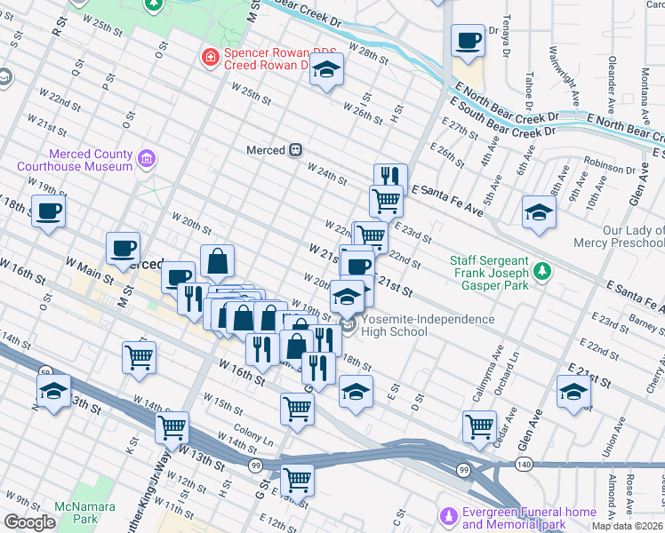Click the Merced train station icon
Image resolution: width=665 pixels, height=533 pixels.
[x=295, y=150]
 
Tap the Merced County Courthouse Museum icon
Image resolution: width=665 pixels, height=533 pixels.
[x=147, y=161]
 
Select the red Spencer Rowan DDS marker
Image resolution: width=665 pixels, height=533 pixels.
[x=211, y=58]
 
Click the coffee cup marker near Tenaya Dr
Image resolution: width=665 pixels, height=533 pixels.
[x=468, y=40]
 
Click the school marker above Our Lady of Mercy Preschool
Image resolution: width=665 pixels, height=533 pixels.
[x=539, y=212]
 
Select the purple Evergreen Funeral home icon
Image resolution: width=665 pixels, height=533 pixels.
[x=449, y=516]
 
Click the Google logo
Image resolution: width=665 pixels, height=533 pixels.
[x=30, y=522]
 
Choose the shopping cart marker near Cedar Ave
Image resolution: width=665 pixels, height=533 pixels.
[x=480, y=426]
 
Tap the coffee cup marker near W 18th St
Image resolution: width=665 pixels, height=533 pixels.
[x=49, y=211]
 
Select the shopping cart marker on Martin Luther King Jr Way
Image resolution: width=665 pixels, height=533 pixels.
[x=172, y=426]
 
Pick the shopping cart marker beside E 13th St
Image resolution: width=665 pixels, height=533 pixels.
[x=298, y=478]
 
